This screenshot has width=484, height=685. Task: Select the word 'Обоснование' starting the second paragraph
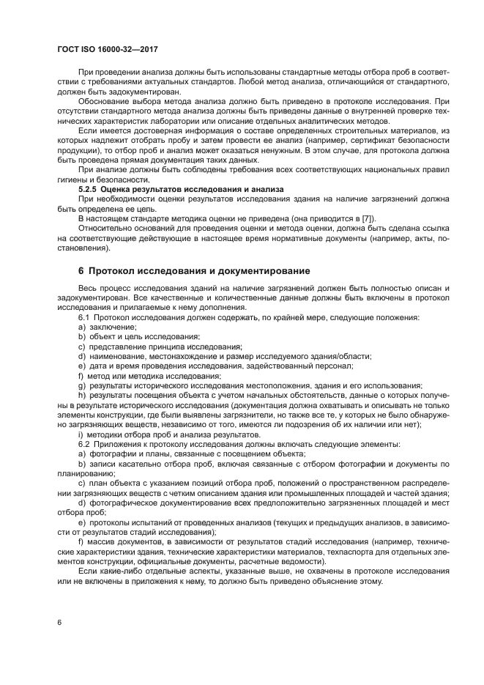103,101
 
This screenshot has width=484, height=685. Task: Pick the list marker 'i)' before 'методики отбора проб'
80,434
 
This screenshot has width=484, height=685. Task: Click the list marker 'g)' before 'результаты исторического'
81,385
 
